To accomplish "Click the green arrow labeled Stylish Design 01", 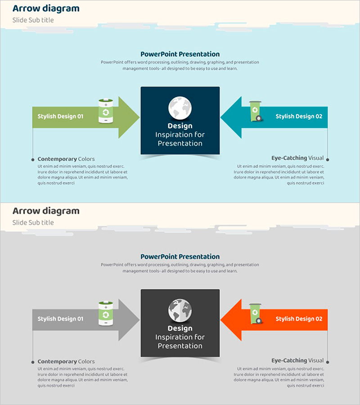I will tap(72, 117).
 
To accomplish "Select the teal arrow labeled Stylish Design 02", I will tap(288, 117).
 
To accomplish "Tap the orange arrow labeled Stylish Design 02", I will tap(288, 319).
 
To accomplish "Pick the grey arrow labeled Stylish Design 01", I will tap(72, 319).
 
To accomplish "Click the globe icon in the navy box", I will tap(180, 108).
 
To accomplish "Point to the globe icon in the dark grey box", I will tap(180, 310).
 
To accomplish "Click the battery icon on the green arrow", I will tap(106, 111).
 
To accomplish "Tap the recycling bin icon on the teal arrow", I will tap(255, 111).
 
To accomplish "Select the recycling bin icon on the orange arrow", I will tap(255, 314).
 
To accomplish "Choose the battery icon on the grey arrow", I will tap(106, 314).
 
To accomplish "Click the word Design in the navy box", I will tap(180, 126).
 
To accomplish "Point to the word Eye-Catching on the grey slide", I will tap(289, 360).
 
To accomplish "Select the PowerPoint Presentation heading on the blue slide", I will tap(180, 54).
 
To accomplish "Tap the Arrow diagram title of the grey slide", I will tap(46, 211).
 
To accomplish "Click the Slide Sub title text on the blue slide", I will tap(33, 20).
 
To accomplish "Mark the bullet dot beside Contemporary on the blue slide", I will tap(33, 159).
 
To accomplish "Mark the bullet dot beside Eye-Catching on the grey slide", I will tap(328, 362).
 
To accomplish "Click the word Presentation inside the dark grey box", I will tap(180, 346).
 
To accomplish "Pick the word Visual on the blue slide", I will tap(316, 158).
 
